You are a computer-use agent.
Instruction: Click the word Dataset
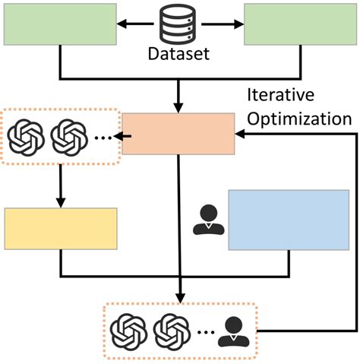pos(179,55)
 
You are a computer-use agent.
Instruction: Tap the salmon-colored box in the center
pos(178,134)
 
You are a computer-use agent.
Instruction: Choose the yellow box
pos(61,228)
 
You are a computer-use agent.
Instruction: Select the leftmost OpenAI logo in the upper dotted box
pos(27,138)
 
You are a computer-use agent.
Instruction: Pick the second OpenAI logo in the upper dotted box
pos(67,138)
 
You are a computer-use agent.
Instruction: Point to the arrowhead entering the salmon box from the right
pos(241,135)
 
